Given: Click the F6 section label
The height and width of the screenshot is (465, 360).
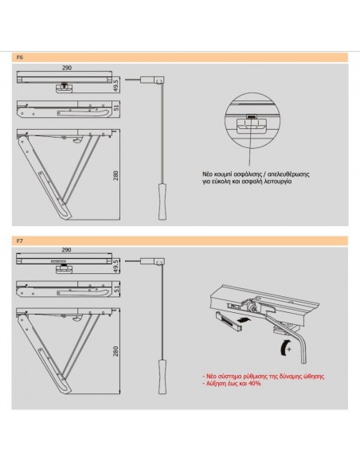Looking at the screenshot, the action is pyautogui.click(x=20, y=57).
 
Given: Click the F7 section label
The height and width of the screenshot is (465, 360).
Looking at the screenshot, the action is pyautogui.click(x=20, y=240).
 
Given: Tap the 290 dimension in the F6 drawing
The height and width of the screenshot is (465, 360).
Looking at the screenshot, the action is pyautogui.click(x=67, y=68).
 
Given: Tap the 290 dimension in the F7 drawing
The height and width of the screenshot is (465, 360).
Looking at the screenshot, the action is pyautogui.click(x=66, y=250).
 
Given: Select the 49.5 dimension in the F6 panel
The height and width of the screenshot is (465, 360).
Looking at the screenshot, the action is pyautogui.click(x=116, y=85).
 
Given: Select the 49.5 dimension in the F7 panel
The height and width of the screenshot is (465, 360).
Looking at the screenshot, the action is pyautogui.click(x=116, y=266).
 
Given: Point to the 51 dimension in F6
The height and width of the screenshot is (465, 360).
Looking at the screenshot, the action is pyautogui.click(x=116, y=107).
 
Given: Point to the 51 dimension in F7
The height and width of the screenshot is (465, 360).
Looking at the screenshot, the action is pyautogui.click(x=116, y=288).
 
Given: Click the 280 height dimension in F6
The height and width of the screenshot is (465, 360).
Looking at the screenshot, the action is pyautogui.click(x=115, y=175).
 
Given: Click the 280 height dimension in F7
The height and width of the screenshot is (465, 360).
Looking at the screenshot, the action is pyautogui.click(x=115, y=351).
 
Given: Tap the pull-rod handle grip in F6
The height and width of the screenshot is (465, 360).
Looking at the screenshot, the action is pyautogui.click(x=162, y=201).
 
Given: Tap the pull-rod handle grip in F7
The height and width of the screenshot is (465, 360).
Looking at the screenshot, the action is pyautogui.click(x=162, y=377).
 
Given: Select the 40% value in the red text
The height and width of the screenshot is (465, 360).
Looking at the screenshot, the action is pyautogui.click(x=255, y=384).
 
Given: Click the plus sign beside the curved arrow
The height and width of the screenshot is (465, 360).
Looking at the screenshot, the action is pyautogui.click(x=289, y=349).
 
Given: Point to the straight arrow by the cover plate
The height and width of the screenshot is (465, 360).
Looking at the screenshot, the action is pyautogui.click(x=245, y=320).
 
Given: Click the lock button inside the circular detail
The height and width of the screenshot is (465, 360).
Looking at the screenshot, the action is pyautogui.click(x=252, y=116).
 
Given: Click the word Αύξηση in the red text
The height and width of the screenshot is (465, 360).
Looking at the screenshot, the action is pyautogui.click(x=214, y=384).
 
